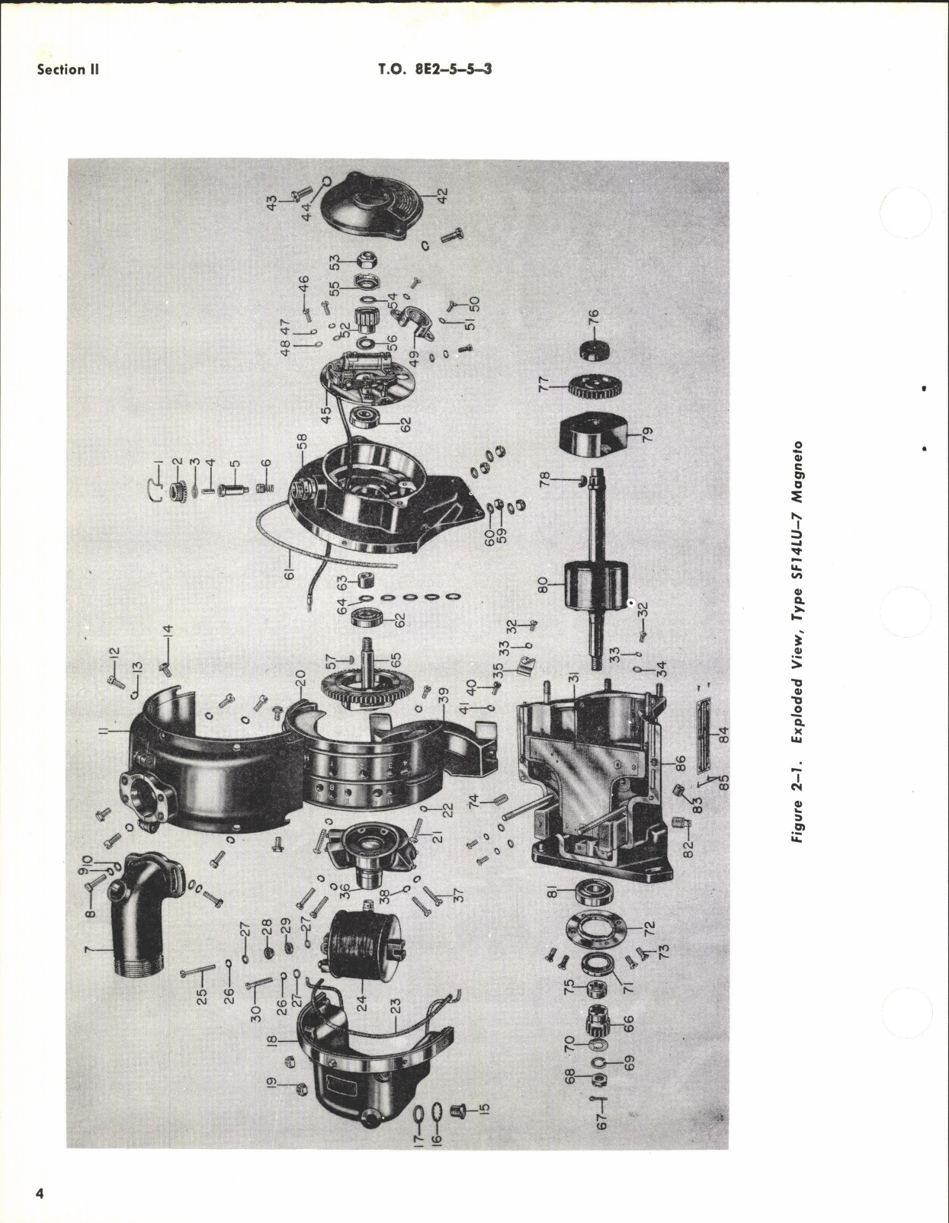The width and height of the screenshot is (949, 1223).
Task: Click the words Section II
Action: coord(68,69)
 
